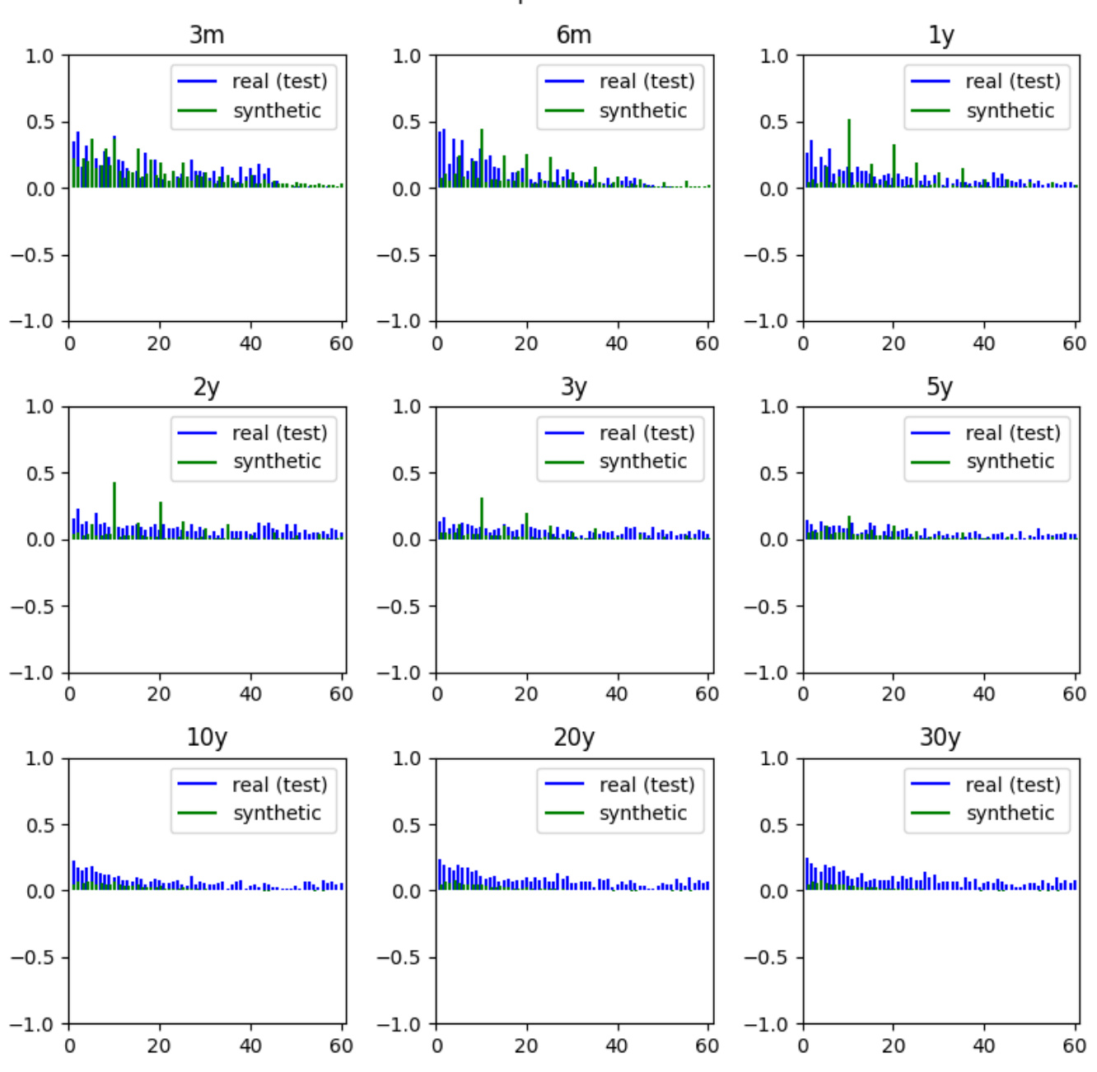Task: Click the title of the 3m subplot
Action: coord(207,35)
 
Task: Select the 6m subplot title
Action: coord(573,35)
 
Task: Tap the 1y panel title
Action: coord(941,35)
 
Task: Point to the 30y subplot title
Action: coord(940,737)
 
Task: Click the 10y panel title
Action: coord(207,737)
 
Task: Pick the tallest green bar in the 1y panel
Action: coord(849,152)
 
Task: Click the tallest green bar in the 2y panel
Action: coord(114,510)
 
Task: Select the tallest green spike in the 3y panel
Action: coord(482,519)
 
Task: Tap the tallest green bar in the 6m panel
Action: coord(482,158)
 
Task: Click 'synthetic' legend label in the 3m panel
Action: coord(277,111)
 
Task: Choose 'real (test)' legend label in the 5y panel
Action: coord(1012,433)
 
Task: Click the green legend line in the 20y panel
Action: coord(564,813)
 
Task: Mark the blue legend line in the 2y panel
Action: coord(197,433)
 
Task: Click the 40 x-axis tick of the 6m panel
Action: coord(616,344)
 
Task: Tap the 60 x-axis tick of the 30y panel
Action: coord(1074,1046)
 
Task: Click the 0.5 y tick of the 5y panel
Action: coord(773,473)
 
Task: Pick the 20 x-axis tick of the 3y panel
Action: coord(526,695)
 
